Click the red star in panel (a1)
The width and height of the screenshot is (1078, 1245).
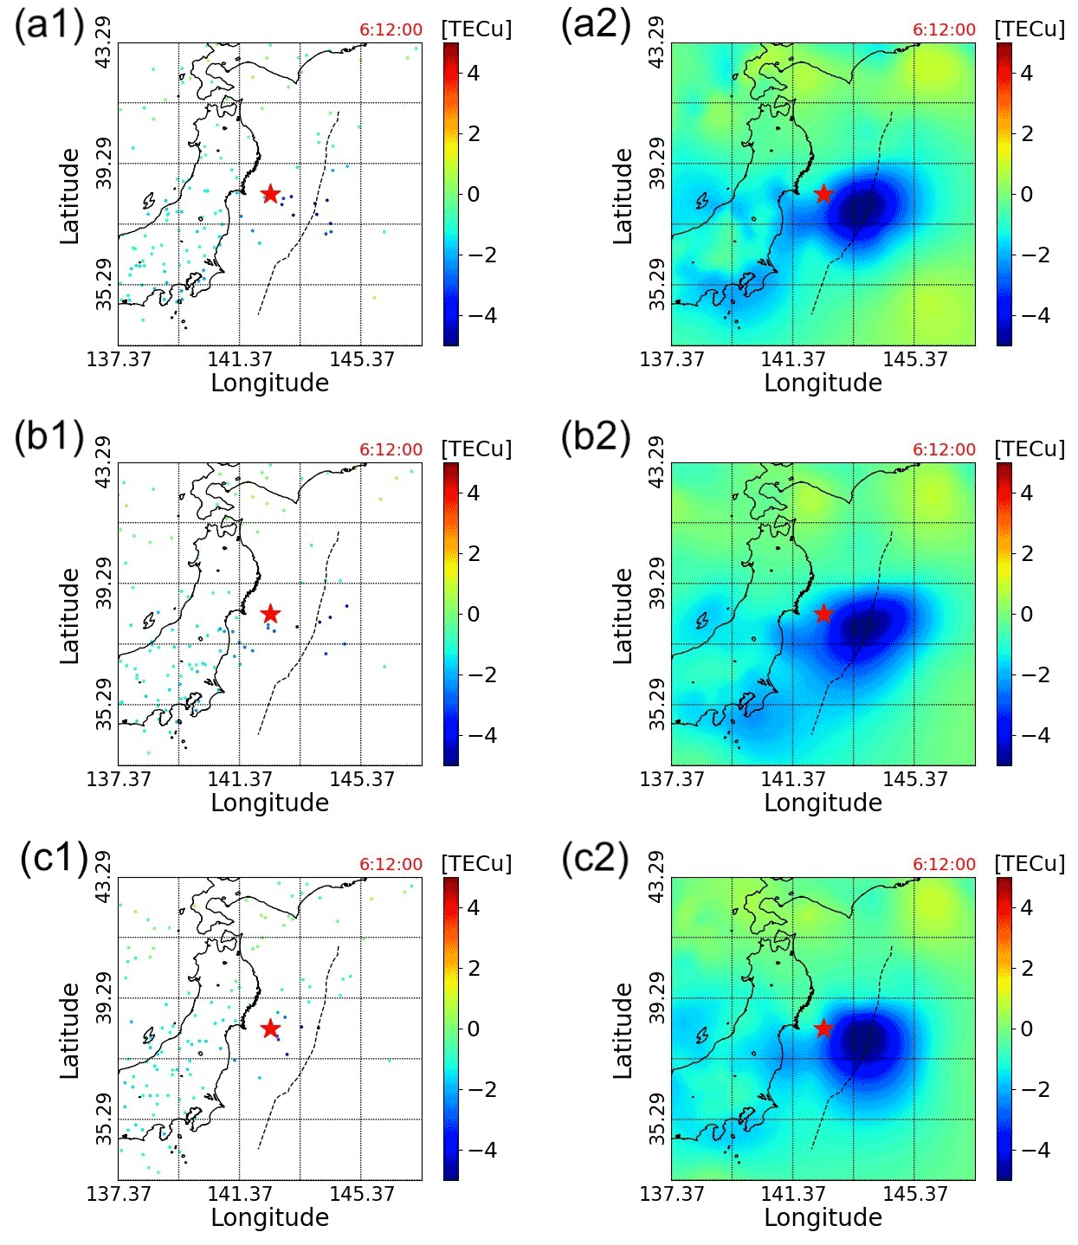coord(270,194)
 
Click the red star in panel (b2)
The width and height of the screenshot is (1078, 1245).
coord(823,614)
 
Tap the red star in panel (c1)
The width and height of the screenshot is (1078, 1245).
coord(270,1029)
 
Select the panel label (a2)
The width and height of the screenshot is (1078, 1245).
coord(595,24)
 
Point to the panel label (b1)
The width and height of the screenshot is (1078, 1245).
coord(48,436)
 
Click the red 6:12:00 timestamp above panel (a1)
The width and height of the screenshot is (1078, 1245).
coord(391,30)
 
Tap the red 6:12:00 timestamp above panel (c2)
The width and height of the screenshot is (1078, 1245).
coord(944,864)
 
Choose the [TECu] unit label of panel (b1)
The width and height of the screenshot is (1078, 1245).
coord(476,449)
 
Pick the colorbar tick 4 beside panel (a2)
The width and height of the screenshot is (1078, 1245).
coord(1027,74)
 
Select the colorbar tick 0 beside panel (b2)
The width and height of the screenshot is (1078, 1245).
coord(1027,614)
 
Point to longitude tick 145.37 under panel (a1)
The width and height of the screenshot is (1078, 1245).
coord(362,359)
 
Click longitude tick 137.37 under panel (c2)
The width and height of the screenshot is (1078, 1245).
coord(672,1194)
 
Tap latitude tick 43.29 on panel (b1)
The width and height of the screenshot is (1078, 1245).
coord(103,463)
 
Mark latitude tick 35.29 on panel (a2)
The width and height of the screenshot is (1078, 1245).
coord(657,284)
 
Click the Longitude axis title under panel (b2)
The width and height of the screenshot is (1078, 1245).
coord(823,803)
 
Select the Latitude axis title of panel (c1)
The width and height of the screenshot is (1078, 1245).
coord(70,1030)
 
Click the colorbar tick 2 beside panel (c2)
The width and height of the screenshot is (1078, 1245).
coord(1027,968)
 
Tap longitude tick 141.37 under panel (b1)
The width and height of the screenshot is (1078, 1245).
coord(240,779)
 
